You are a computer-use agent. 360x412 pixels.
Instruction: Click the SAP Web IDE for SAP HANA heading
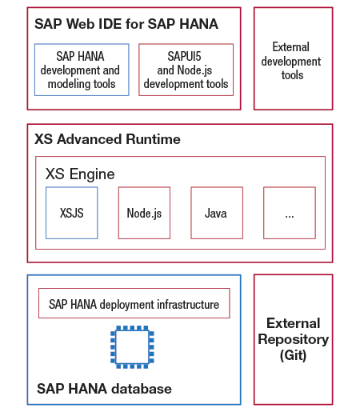[x=126, y=24]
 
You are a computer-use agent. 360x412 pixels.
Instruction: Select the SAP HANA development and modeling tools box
[x=82, y=70]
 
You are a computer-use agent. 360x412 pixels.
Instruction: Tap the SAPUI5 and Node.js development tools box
[x=186, y=70]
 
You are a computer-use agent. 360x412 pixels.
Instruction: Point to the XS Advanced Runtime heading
[x=107, y=139]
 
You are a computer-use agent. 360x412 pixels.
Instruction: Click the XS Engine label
[x=80, y=174]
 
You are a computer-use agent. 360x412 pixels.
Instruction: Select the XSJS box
[x=71, y=213]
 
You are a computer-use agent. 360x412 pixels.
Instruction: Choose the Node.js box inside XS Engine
[x=144, y=213]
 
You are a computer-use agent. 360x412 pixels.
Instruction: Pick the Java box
[x=216, y=213]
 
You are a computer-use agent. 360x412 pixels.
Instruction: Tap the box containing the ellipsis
[x=289, y=213]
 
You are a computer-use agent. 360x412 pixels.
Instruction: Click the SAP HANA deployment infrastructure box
[x=134, y=304]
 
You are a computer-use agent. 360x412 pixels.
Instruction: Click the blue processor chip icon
[x=133, y=346]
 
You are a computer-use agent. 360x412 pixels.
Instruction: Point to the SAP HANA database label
[x=104, y=389]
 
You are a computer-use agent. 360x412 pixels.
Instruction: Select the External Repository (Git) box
[x=293, y=339]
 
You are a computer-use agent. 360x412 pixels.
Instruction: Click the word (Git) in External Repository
[x=293, y=354]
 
